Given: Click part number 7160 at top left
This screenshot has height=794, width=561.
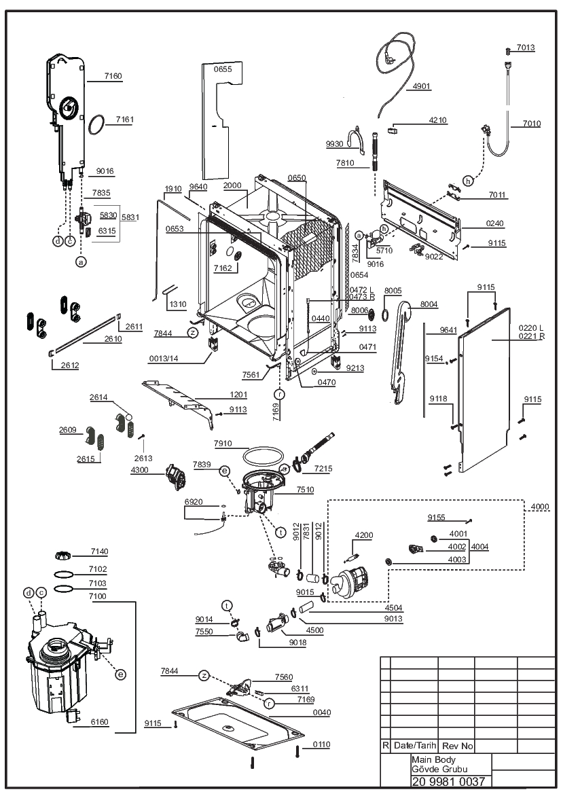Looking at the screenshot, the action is point(113,76).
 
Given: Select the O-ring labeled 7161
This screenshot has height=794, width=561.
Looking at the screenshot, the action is point(96,124).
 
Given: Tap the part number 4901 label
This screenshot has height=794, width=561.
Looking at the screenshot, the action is point(421,86).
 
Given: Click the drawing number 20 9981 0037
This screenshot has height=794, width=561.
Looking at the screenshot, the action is point(448,781).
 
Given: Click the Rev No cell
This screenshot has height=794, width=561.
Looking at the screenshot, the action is point(457,746).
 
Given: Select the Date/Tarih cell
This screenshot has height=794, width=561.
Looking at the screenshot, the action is point(415,745).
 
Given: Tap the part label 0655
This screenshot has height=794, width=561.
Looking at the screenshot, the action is point(222,69).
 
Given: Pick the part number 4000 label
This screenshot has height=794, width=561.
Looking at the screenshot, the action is point(540,507).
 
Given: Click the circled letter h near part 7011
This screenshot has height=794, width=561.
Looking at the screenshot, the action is point(468,181).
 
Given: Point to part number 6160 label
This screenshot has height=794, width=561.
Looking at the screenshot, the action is point(99,722).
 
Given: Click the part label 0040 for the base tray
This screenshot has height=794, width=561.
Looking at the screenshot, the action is point(321,712).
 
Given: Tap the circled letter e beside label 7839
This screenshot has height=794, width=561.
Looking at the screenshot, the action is point(224,471).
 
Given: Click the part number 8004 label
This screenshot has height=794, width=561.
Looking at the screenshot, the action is point(429,304).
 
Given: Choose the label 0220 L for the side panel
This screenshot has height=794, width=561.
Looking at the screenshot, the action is point(531,328).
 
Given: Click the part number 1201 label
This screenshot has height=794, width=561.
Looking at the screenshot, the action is point(238,395).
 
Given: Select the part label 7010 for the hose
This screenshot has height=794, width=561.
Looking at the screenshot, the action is point(532,124).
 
